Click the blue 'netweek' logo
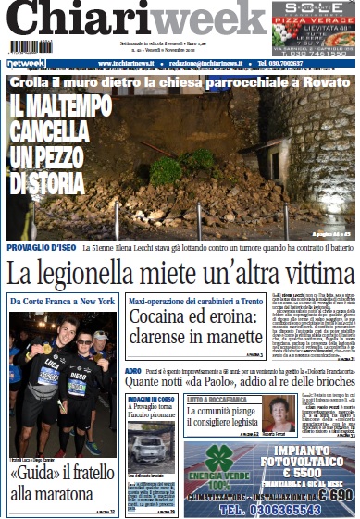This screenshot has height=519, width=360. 25,63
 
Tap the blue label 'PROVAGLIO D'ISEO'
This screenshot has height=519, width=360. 42,248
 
